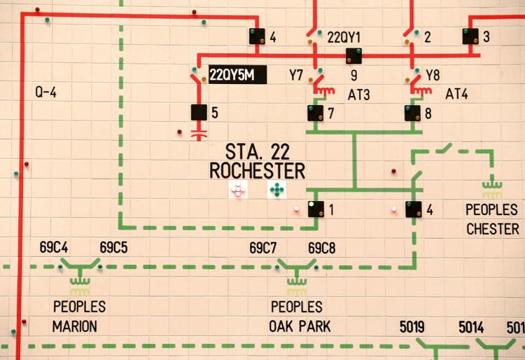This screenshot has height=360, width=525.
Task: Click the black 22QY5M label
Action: tap(238, 75)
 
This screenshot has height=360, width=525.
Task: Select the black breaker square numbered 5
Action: tap(199, 112)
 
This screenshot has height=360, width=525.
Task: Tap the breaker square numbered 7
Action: tap(316, 113)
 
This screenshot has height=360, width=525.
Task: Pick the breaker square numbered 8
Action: tap(412, 113)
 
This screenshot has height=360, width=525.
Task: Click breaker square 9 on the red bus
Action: tap(354, 56)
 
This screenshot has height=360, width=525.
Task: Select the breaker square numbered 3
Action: tap(470, 36)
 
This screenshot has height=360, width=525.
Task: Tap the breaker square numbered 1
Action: tap(316, 209)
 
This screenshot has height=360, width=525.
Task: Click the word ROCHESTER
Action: tap(257, 171)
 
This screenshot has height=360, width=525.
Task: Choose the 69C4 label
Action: tap(54, 247)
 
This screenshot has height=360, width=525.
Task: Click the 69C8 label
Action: tap(321, 248)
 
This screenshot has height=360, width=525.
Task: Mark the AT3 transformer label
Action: tap(359, 95)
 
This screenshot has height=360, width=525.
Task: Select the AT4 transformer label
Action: tap(456, 94)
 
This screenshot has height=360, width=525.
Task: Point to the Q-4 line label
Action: tap(46, 92)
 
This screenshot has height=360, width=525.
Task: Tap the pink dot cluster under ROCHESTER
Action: tap(238, 190)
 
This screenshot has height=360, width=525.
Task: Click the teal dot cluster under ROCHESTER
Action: tap(277, 190)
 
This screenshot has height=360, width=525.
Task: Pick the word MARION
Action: tap(75, 326)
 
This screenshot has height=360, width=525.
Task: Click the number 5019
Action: tap(412, 327)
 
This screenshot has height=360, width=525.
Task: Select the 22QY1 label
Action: tap(344, 37)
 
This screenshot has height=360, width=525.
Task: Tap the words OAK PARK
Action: tap(300, 326)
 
